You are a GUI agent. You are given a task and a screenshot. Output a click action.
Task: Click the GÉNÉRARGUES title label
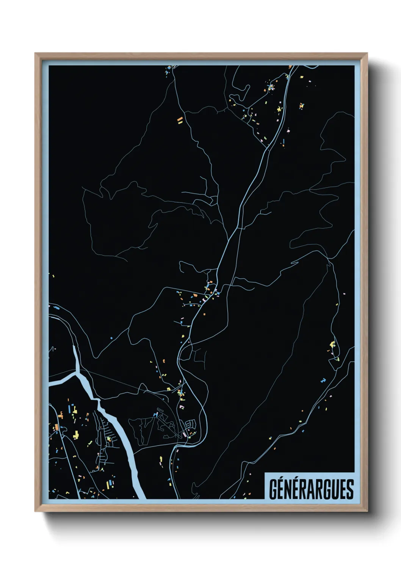pyautogui.click(x=311, y=489)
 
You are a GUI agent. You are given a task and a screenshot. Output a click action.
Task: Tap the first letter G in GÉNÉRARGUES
pyautogui.click(x=273, y=489)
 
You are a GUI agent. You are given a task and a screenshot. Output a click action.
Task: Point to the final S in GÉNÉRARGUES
pyautogui.click(x=350, y=489)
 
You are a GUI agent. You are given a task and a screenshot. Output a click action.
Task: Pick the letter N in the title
pyautogui.click(x=288, y=489)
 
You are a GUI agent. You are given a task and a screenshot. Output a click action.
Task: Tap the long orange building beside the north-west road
pyautogui.click(x=180, y=121)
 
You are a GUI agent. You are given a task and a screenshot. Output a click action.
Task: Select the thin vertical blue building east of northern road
pyautogui.click(x=283, y=143)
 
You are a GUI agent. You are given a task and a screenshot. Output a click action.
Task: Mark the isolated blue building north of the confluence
pyautogui.click(x=111, y=337)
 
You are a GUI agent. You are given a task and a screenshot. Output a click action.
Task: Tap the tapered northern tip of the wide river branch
pyautogui.click(x=74, y=347)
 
